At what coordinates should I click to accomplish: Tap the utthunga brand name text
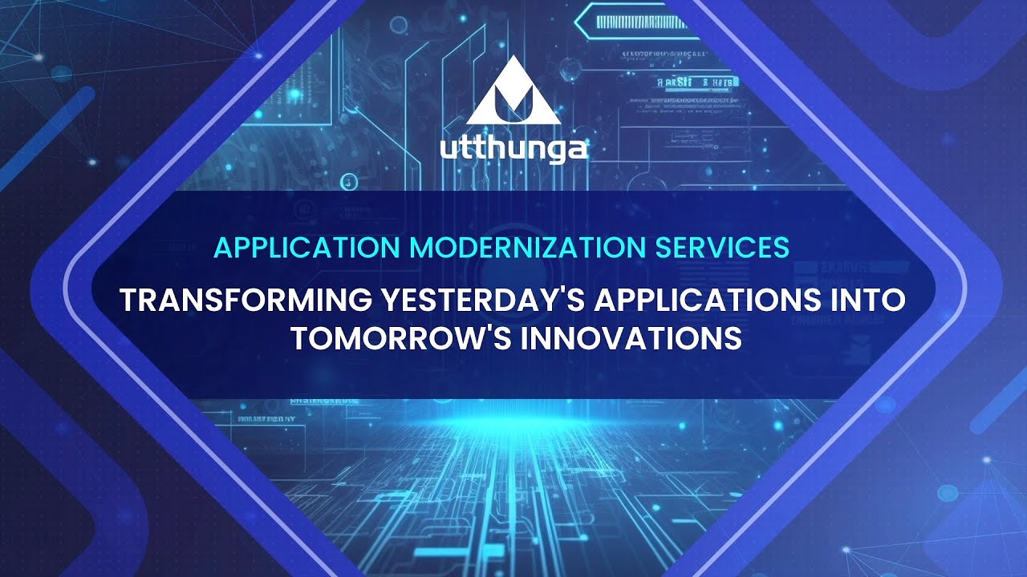point(513,150)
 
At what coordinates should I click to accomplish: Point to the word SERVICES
point(722,248)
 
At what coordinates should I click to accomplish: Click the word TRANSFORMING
point(242,301)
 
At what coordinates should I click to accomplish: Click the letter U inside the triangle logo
point(513,102)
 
